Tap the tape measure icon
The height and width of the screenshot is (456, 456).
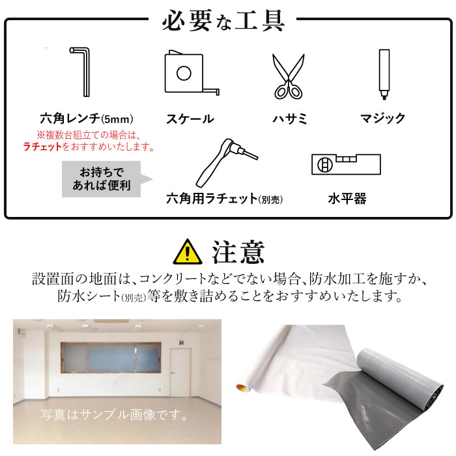click(x=192, y=73)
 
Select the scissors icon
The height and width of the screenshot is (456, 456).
click(x=288, y=77)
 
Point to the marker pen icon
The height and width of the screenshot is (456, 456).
click(x=384, y=74)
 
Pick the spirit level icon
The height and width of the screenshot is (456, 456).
click(x=346, y=164)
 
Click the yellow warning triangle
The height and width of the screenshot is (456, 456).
click(x=188, y=251)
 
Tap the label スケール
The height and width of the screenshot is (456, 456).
click(x=190, y=119)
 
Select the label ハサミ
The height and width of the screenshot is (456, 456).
click(x=289, y=119)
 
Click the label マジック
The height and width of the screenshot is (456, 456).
click(x=383, y=119)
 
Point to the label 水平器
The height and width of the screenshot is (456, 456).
click(x=347, y=199)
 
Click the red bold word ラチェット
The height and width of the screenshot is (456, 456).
click(x=43, y=147)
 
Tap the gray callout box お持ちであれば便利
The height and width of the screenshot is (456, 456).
click(x=101, y=179)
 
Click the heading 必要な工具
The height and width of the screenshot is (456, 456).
click(x=223, y=20)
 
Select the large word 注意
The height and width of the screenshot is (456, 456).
click(x=238, y=252)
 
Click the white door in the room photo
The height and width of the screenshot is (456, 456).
click(x=180, y=372)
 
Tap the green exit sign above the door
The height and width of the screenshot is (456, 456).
click(x=182, y=343)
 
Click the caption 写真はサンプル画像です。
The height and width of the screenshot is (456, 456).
click(x=114, y=415)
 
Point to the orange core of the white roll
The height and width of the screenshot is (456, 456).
click(x=242, y=388)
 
